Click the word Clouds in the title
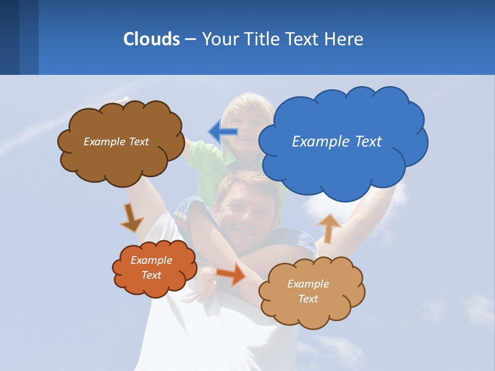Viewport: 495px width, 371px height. tap(151, 39)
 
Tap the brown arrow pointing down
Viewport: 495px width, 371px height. tap(131, 218)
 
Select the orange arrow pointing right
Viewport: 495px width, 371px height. tap(232, 274)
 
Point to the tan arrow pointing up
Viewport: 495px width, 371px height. tap(328, 227)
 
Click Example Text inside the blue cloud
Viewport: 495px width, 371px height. tap(337, 142)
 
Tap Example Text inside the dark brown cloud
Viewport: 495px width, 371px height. tap(116, 142)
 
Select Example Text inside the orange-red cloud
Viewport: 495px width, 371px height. tap(152, 267)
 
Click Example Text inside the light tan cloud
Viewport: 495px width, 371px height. tap(308, 291)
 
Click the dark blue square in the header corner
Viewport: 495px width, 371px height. tap(9, 37)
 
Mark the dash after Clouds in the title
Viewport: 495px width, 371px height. tap(190, 39)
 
